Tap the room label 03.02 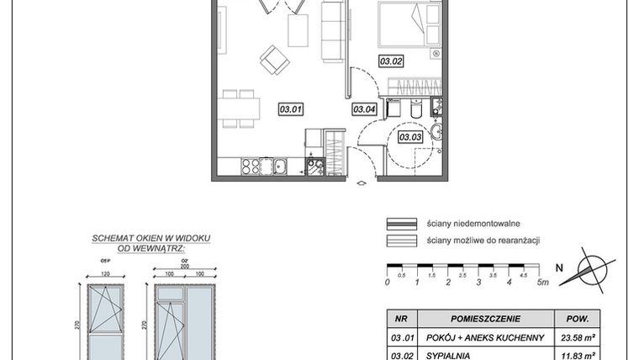tap(391, 61)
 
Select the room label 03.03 tap(409, 137)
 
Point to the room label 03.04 tap(363, 109)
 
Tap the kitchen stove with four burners tap(252, 166)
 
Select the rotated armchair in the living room tap(274, 59)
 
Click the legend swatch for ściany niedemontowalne tap(403, 224)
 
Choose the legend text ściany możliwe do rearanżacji tap(483, 241)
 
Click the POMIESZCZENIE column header tap(485, 320)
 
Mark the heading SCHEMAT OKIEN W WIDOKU tap(151, 239)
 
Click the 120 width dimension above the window tap(106, 274)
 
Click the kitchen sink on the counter tap(280, 167)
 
